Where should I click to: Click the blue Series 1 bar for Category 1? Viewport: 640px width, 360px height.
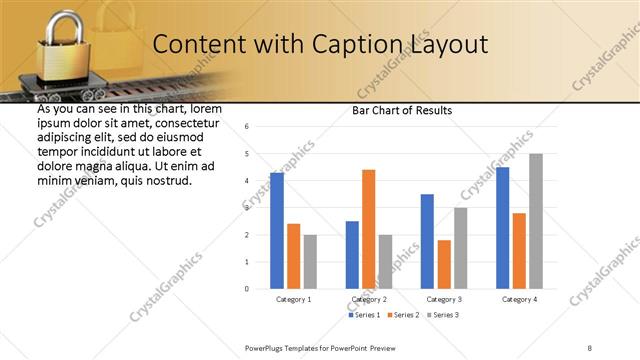pos(277,231)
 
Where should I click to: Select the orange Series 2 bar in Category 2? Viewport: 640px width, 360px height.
pos(368,229)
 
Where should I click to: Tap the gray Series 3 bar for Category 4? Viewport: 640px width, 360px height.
pos(536,221)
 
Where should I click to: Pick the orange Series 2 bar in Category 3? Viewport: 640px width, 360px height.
pos(444,264)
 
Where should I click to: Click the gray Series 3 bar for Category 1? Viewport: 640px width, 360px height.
pos(310,262)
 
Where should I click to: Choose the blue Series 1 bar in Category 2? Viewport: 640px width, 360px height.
pos(352,255)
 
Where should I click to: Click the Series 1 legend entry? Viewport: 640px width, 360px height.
pos(361,316)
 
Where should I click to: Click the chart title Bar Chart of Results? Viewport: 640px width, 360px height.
pos(403,110)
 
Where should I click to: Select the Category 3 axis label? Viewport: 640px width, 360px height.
pos(443,299)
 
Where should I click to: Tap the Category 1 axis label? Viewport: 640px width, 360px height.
pos(293,299)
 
